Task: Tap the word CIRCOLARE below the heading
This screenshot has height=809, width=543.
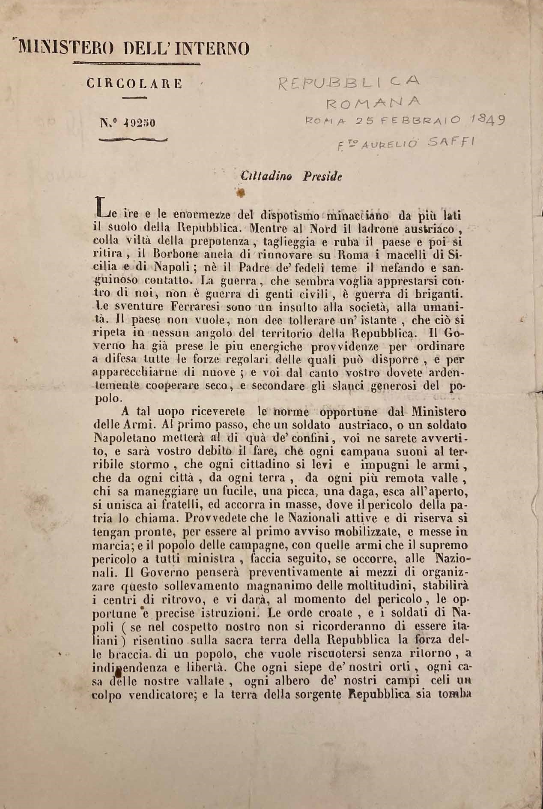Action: click(134, 83)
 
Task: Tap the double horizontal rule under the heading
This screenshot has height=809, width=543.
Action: click(137, 63)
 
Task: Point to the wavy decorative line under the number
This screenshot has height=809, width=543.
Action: click(133, 139)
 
